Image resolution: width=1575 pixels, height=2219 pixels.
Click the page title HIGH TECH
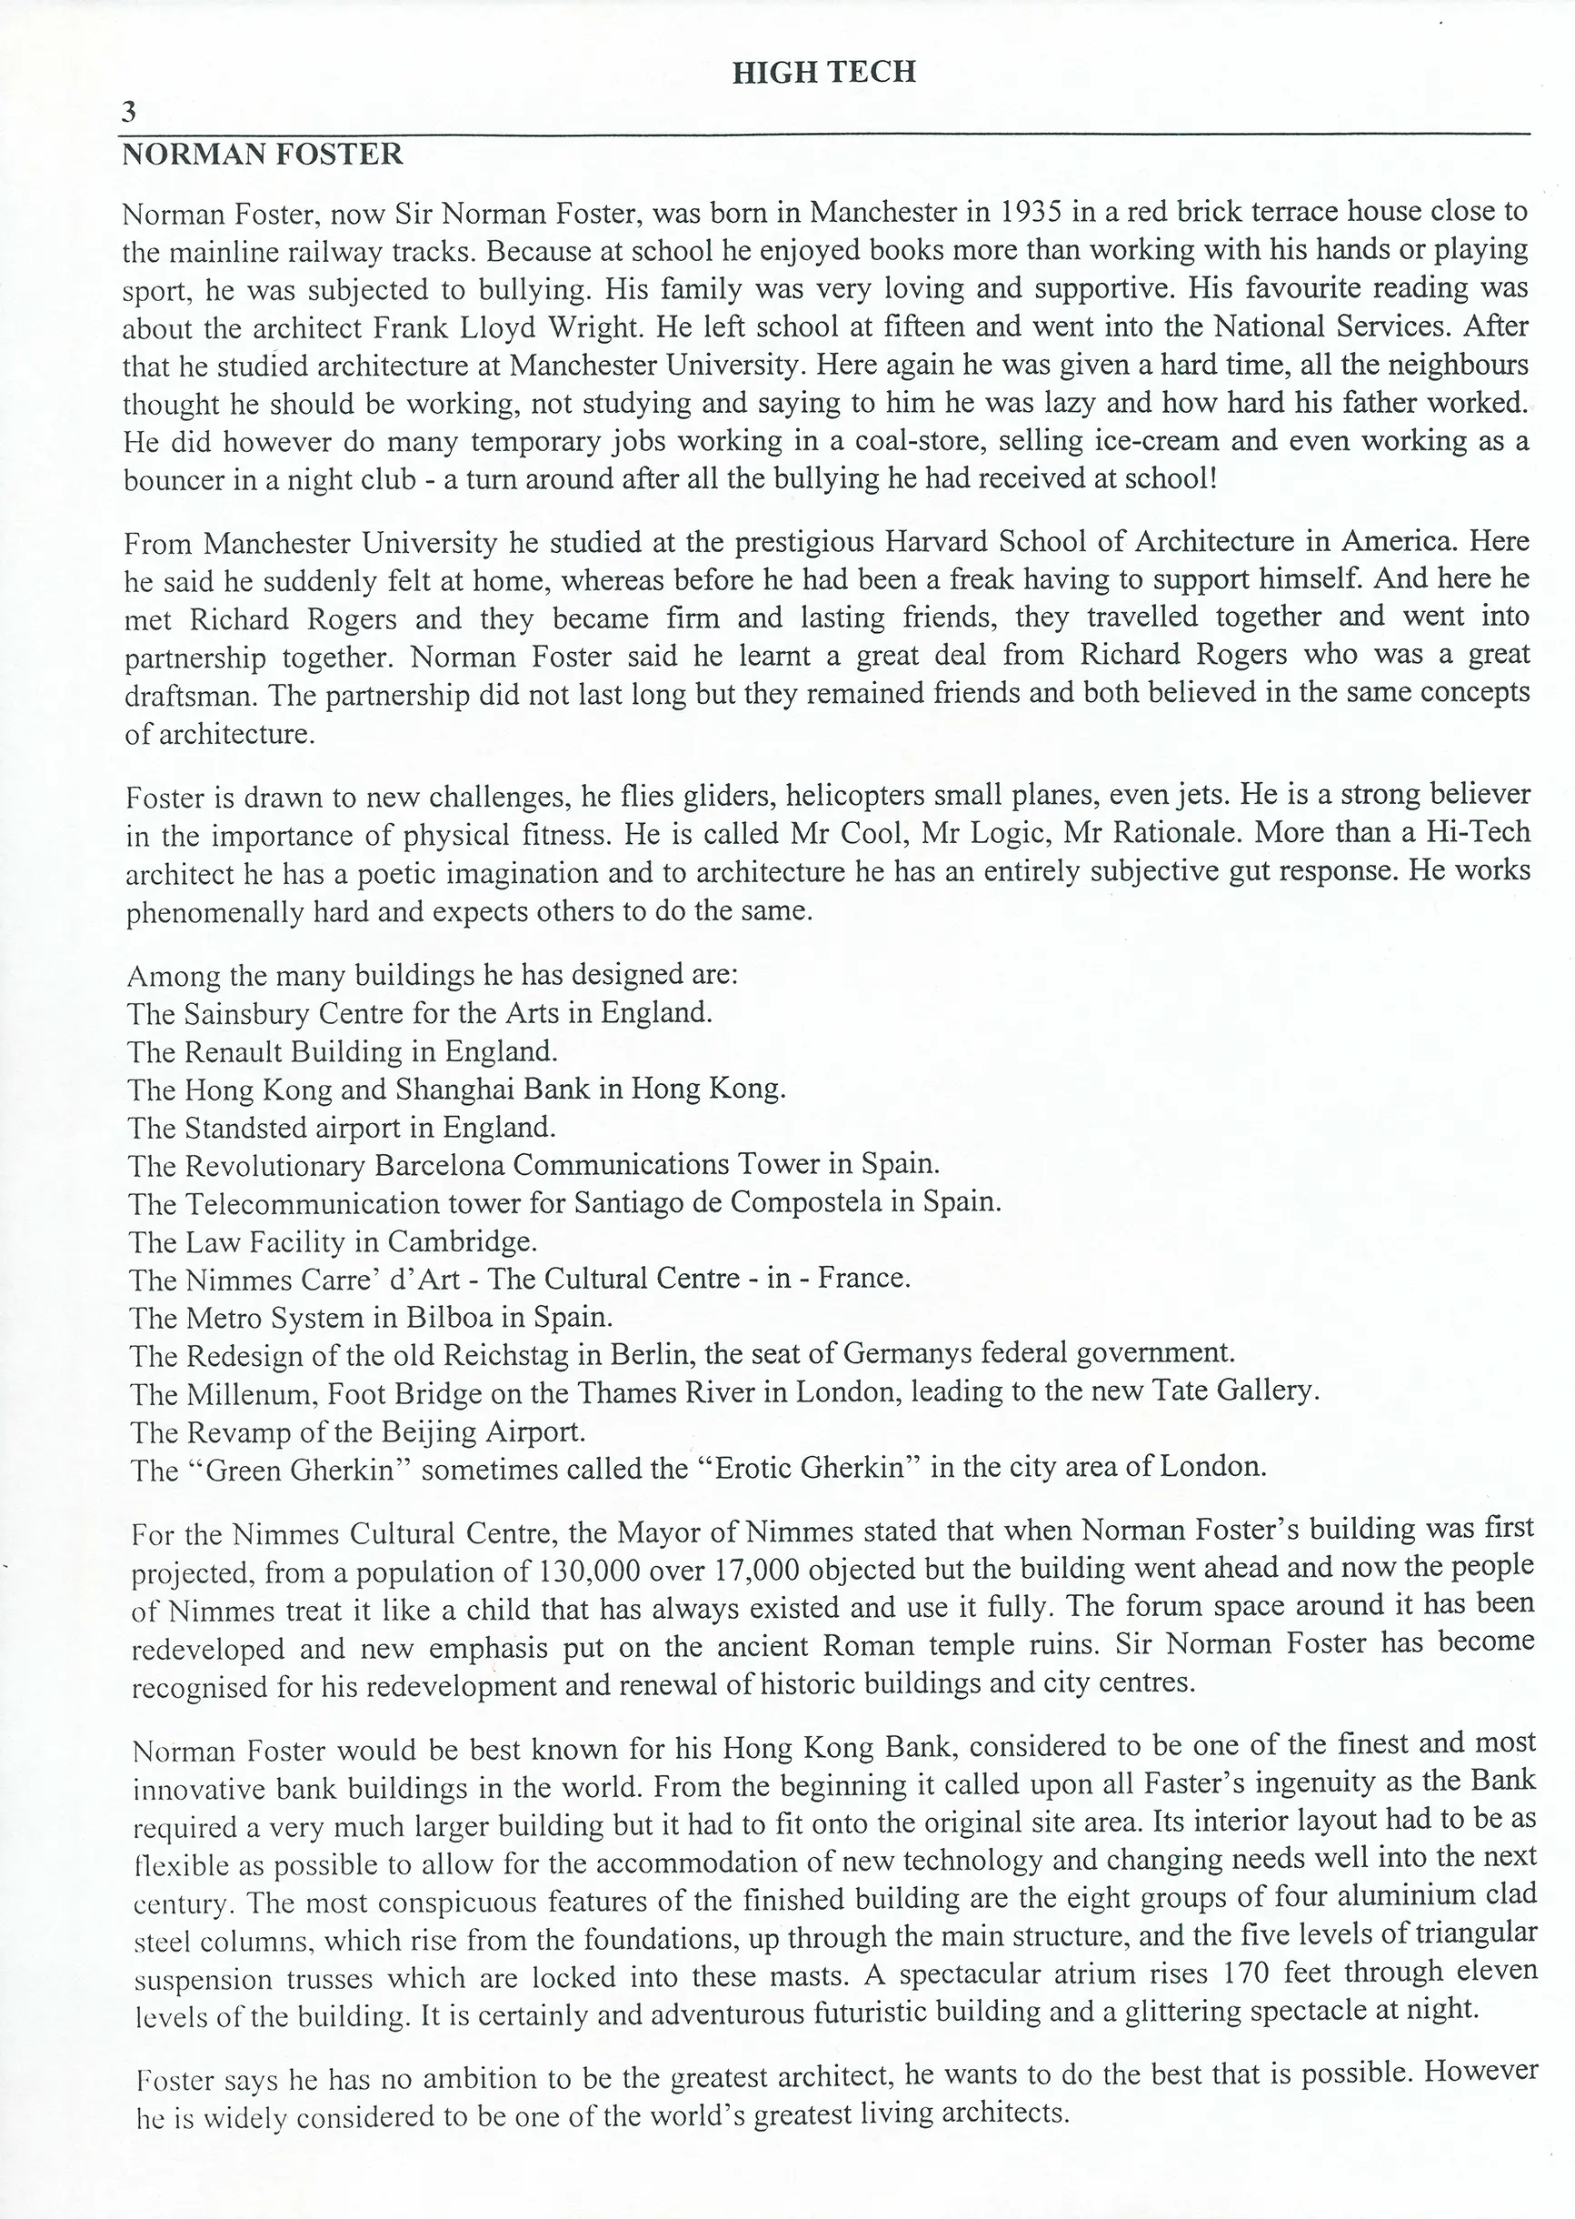pos(823,72)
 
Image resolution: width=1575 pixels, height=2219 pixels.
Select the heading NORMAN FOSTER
pos(262,155)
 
